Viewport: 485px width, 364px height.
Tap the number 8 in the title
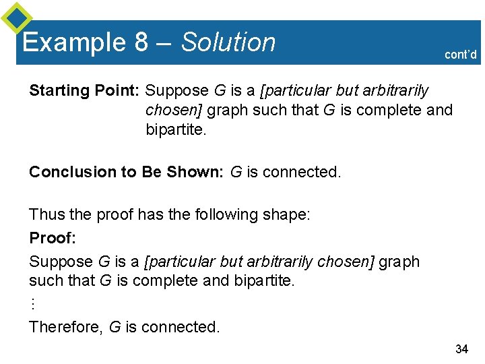click(x=141, y=42)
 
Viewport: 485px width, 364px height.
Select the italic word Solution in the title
click(x=228, y=42)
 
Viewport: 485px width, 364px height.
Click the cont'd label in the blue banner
click(x=461, y=55)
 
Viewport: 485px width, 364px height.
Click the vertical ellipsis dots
click(x=32, y=303)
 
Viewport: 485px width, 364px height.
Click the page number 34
click(x=461, y=348)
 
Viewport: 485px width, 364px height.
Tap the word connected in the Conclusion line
click(x=301, y=172)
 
